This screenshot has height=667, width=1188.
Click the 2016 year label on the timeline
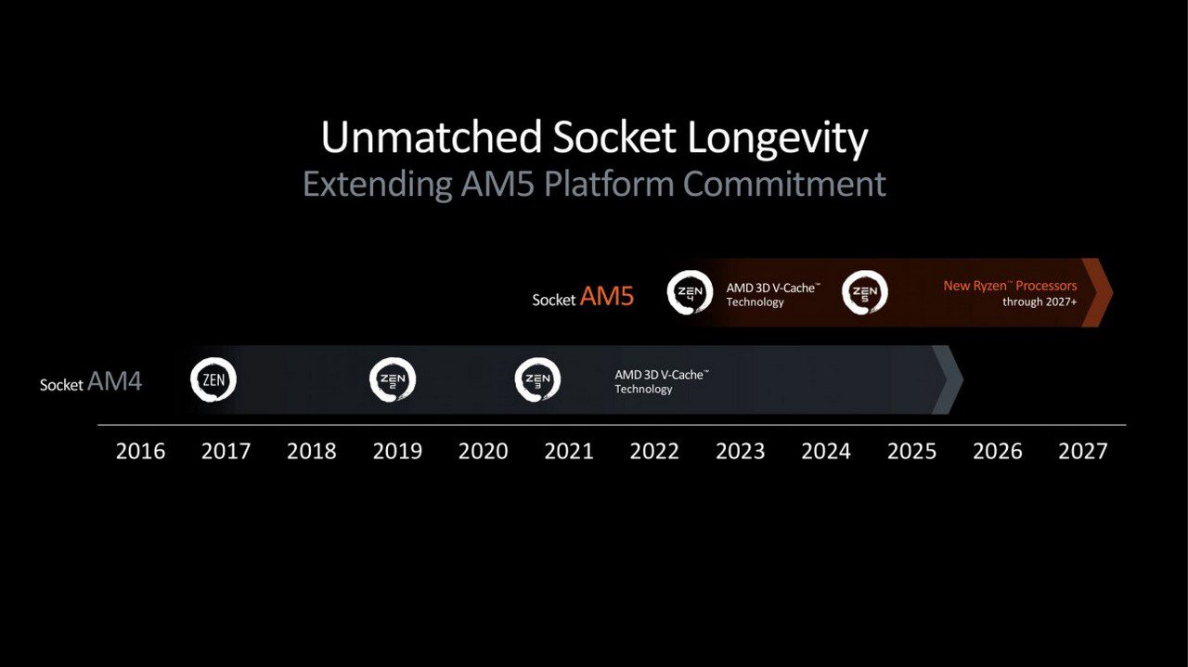(x=140, y=451)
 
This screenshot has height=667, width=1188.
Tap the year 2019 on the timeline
(x=397, y=451)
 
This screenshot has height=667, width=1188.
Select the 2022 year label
(x=654, y=451)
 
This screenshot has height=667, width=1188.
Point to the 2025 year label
(x=911, y=451)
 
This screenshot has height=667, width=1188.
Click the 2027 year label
(x=1083, y=451)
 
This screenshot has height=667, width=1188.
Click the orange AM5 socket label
(x=607, y=296)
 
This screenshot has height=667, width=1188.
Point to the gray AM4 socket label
(x=114, y=381)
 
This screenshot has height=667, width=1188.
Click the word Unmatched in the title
(x=432, y=137)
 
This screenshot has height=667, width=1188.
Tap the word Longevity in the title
(x=778, y=139)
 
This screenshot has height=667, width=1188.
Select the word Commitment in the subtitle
(x=784, y=184)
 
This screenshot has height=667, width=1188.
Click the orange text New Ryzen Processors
(x=1010, y=287)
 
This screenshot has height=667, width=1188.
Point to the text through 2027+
(x=1039, y=301)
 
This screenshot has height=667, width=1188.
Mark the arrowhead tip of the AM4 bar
(x=963, y=379)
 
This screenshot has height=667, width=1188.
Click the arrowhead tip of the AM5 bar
(x=1113, y=292)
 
